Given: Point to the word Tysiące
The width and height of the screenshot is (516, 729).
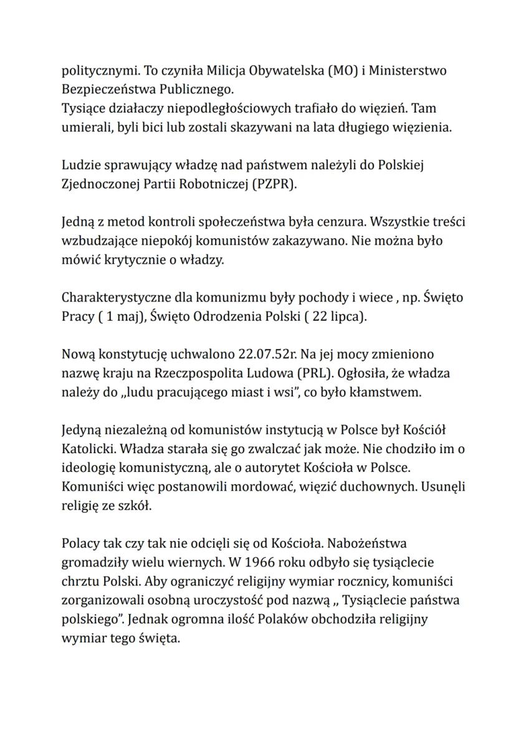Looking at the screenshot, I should [x=83, y=108].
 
